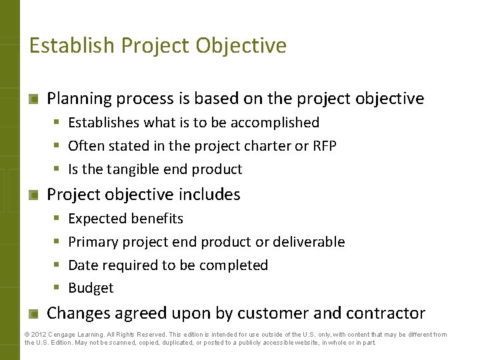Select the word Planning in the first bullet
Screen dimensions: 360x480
[79, 99]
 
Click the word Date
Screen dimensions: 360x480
[83, 265]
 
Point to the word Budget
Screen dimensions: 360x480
[91, 288]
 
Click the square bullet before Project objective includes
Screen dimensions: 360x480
[33, 195]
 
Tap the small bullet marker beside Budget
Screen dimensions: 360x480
[56, 288]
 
